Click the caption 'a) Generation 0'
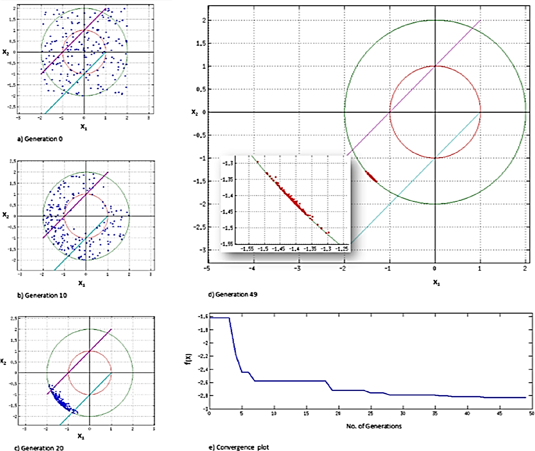40,139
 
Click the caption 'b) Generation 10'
42,295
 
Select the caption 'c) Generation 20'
39,448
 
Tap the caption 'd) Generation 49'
233,294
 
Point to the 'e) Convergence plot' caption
239,447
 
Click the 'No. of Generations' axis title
374,426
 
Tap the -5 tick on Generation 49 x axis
206,269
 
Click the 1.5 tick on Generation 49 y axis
201,43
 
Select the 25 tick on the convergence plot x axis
370,413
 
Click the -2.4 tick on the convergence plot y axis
203,369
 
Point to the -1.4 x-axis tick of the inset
295,249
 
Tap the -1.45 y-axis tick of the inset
227,212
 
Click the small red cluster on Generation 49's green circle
371,177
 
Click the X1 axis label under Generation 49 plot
436,282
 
